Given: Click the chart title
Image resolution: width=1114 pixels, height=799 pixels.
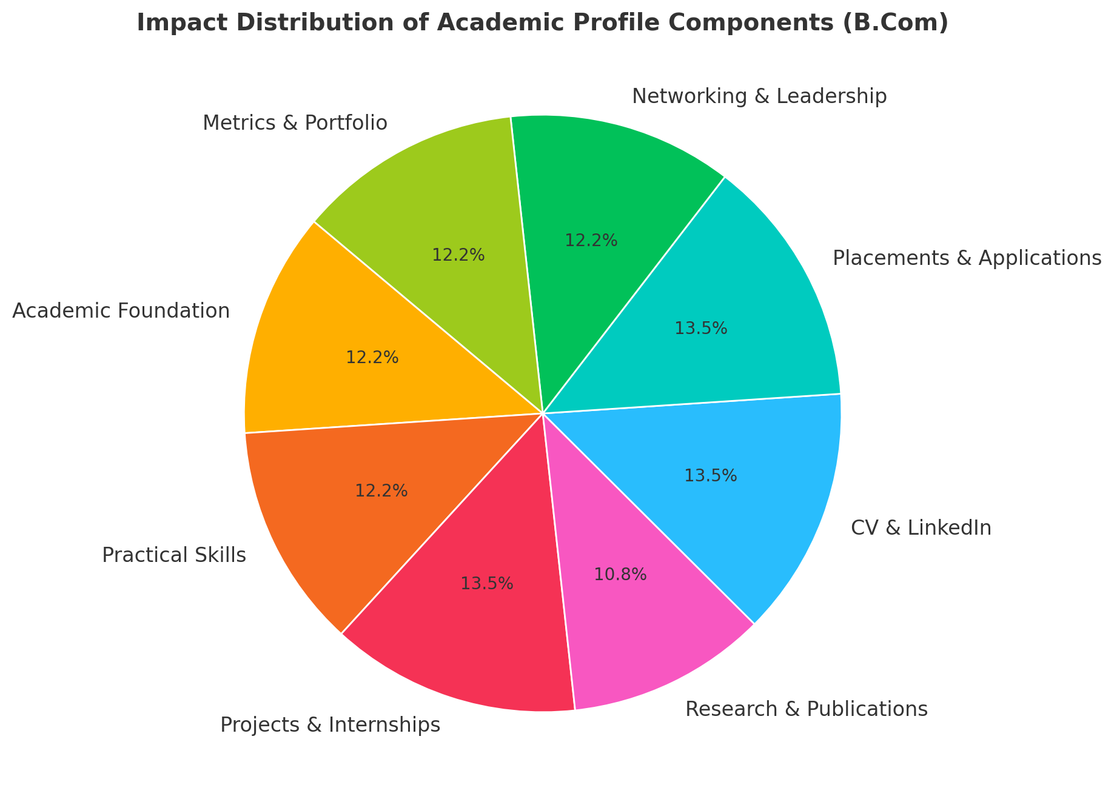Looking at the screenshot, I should [x=542, y=23].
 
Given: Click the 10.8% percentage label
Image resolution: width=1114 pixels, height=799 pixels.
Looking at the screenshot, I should [x=620, y=574].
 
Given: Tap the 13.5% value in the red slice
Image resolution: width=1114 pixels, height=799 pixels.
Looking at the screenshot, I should [x=487, y=584].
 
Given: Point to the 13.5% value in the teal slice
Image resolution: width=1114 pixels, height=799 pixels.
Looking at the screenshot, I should [x=700, y=329].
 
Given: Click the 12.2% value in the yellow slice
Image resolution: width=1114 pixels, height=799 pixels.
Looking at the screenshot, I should [x=372, y=358].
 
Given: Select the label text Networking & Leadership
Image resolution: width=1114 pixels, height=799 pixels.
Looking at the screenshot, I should [x=759, y=96].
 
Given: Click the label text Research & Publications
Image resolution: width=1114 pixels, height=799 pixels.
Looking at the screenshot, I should [x=806, y=709].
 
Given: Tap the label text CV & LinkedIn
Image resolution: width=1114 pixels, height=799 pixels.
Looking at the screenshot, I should [x=921, y=528].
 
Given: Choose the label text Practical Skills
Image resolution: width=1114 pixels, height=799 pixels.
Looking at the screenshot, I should [x=174, y=555].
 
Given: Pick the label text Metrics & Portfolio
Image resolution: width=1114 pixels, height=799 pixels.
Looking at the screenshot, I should [x=295, y=123].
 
